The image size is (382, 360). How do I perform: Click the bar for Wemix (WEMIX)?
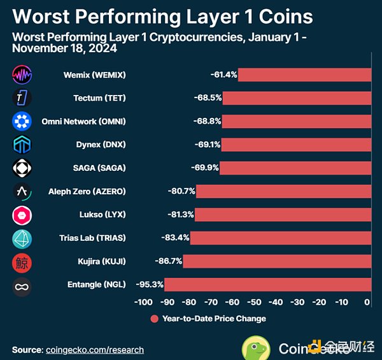[x=304, y=75]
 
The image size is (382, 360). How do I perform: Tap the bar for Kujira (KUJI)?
[x=277, y=261]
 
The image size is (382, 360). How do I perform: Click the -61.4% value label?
[x=223, y=75]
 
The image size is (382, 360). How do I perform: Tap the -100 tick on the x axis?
[x=143, y=302]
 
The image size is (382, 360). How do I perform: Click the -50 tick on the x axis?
[x=255, y=302]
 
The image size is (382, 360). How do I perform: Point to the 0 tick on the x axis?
[x=367, y=302]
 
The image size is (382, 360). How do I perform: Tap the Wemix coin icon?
[x=22, y=75]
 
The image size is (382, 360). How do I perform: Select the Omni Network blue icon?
[x=22, y=122]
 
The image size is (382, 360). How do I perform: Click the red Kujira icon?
[x=22, y=262]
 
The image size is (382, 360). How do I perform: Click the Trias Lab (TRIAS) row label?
[x=92, y=238]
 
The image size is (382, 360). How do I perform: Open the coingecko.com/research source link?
[x=95, y=350]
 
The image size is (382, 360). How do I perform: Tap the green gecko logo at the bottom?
[x=256, y=348]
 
